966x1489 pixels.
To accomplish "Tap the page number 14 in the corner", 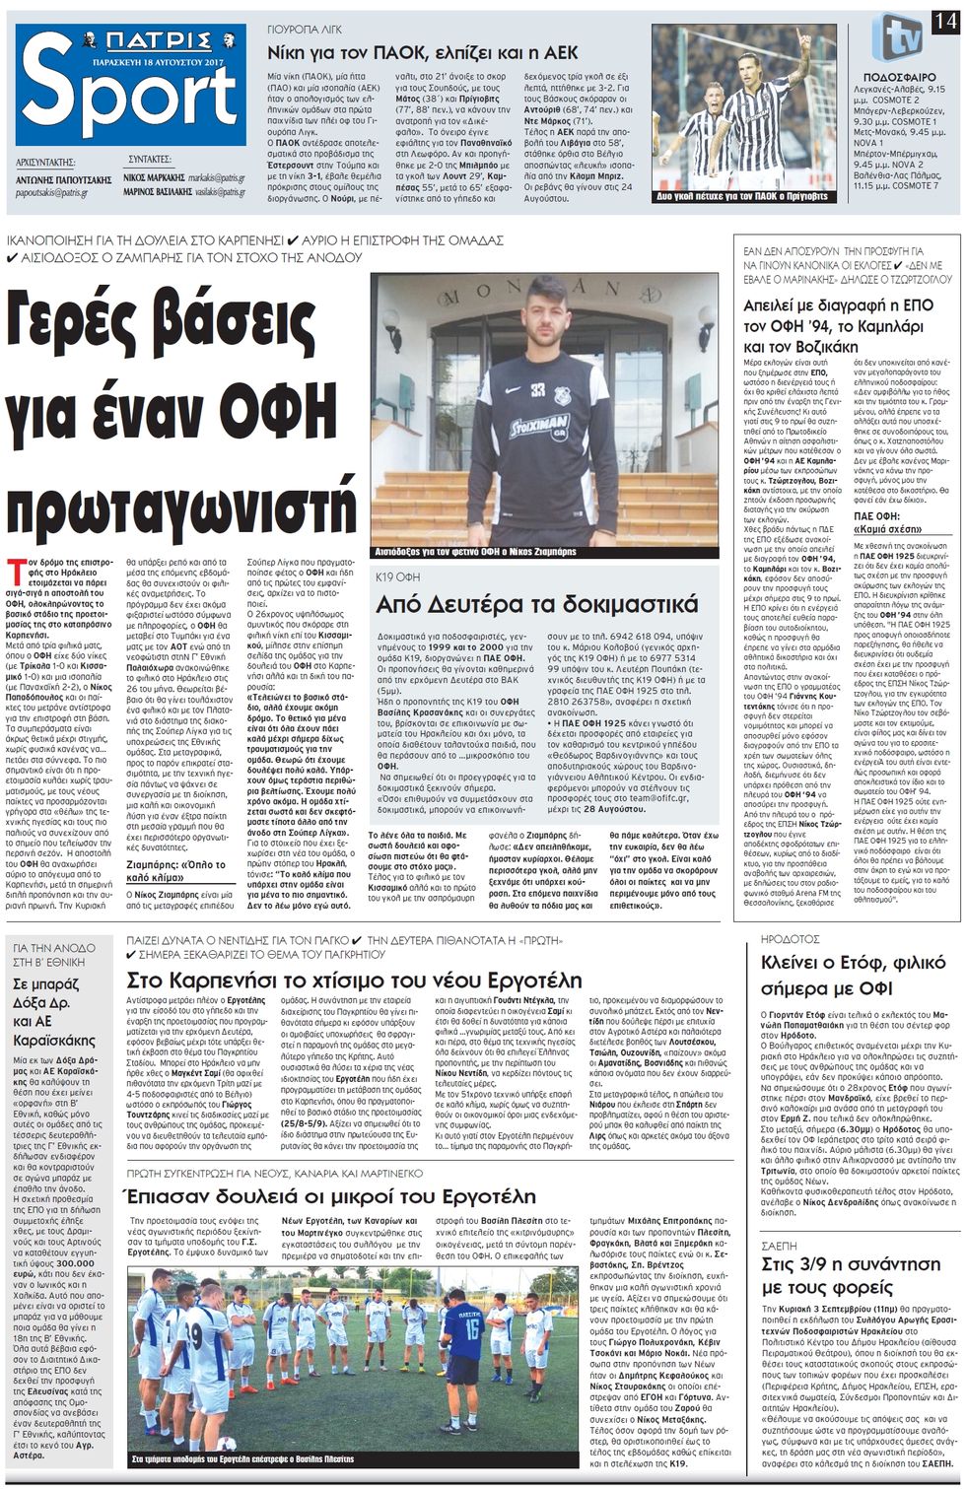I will tap(946, 19).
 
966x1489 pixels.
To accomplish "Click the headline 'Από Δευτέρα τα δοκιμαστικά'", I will tap(537, 603).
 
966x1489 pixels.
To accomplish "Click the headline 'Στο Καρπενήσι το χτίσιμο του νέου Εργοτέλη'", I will tap(355, 980).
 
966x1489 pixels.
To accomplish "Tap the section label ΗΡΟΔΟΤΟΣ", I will tap(792, 939).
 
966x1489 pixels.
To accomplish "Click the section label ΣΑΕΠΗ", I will tap(780, 1246).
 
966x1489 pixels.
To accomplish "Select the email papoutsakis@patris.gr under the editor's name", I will tap(52, 193).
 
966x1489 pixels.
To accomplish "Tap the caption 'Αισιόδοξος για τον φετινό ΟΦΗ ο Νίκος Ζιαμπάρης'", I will tap(475, 552).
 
